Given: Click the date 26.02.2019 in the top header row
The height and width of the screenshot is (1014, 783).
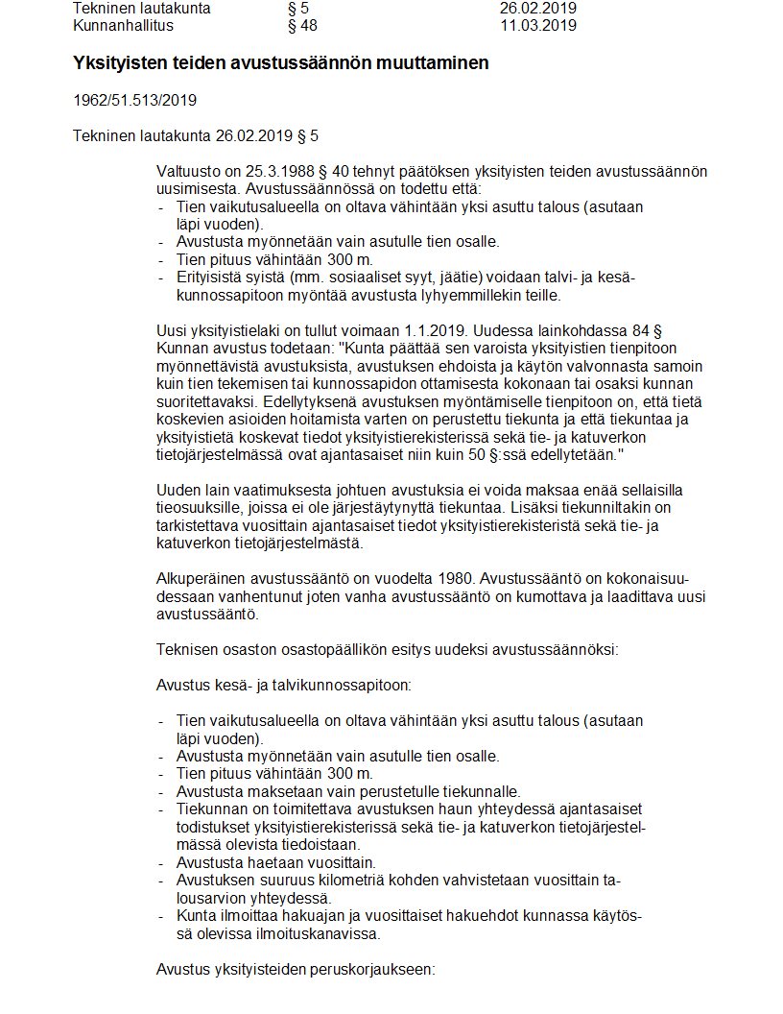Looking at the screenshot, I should [537, 8].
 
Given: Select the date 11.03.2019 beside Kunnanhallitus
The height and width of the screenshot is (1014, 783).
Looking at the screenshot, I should [537, 25].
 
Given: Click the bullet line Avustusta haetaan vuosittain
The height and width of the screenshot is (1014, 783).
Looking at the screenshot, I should [275, 862].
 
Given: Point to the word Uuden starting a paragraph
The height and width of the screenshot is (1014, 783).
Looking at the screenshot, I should [178, 489].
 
